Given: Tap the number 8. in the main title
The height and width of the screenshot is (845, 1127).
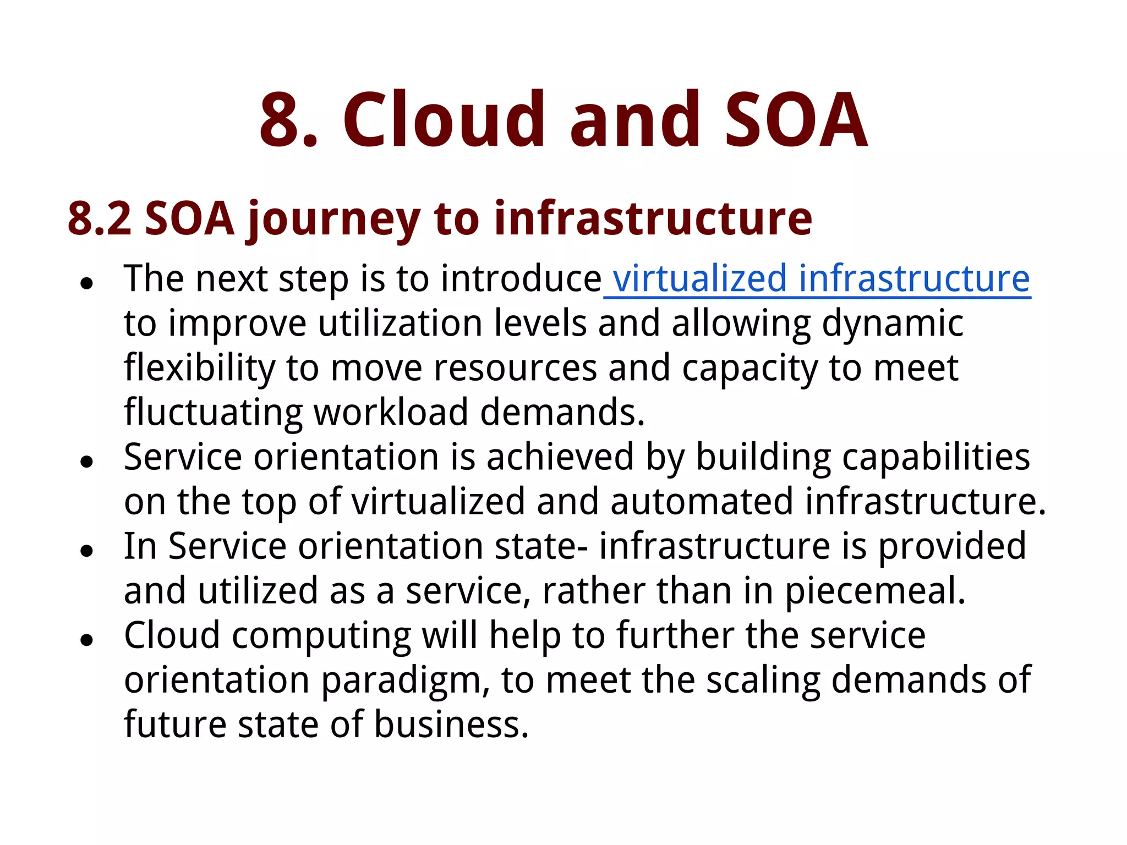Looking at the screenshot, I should [289, 119].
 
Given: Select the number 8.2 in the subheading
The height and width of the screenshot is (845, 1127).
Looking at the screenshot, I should [100, 218].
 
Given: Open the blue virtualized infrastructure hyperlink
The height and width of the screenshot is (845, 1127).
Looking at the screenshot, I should [820, 278].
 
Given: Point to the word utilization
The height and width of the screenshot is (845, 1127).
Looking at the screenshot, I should [400, 323].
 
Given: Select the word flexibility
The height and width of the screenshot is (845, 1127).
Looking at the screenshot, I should [199, 369].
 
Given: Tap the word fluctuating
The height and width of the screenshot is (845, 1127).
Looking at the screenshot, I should [213, 413].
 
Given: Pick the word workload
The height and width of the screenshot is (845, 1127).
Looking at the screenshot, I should [390, 412].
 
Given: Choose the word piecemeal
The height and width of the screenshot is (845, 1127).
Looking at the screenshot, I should [874, 591].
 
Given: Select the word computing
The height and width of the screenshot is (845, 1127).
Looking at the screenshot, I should [321, 637].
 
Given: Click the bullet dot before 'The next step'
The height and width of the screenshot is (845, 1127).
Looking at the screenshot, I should [86, 283].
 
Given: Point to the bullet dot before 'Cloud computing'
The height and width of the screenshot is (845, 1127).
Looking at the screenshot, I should [86, 640].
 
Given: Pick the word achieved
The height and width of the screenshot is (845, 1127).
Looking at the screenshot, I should [560, 457].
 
